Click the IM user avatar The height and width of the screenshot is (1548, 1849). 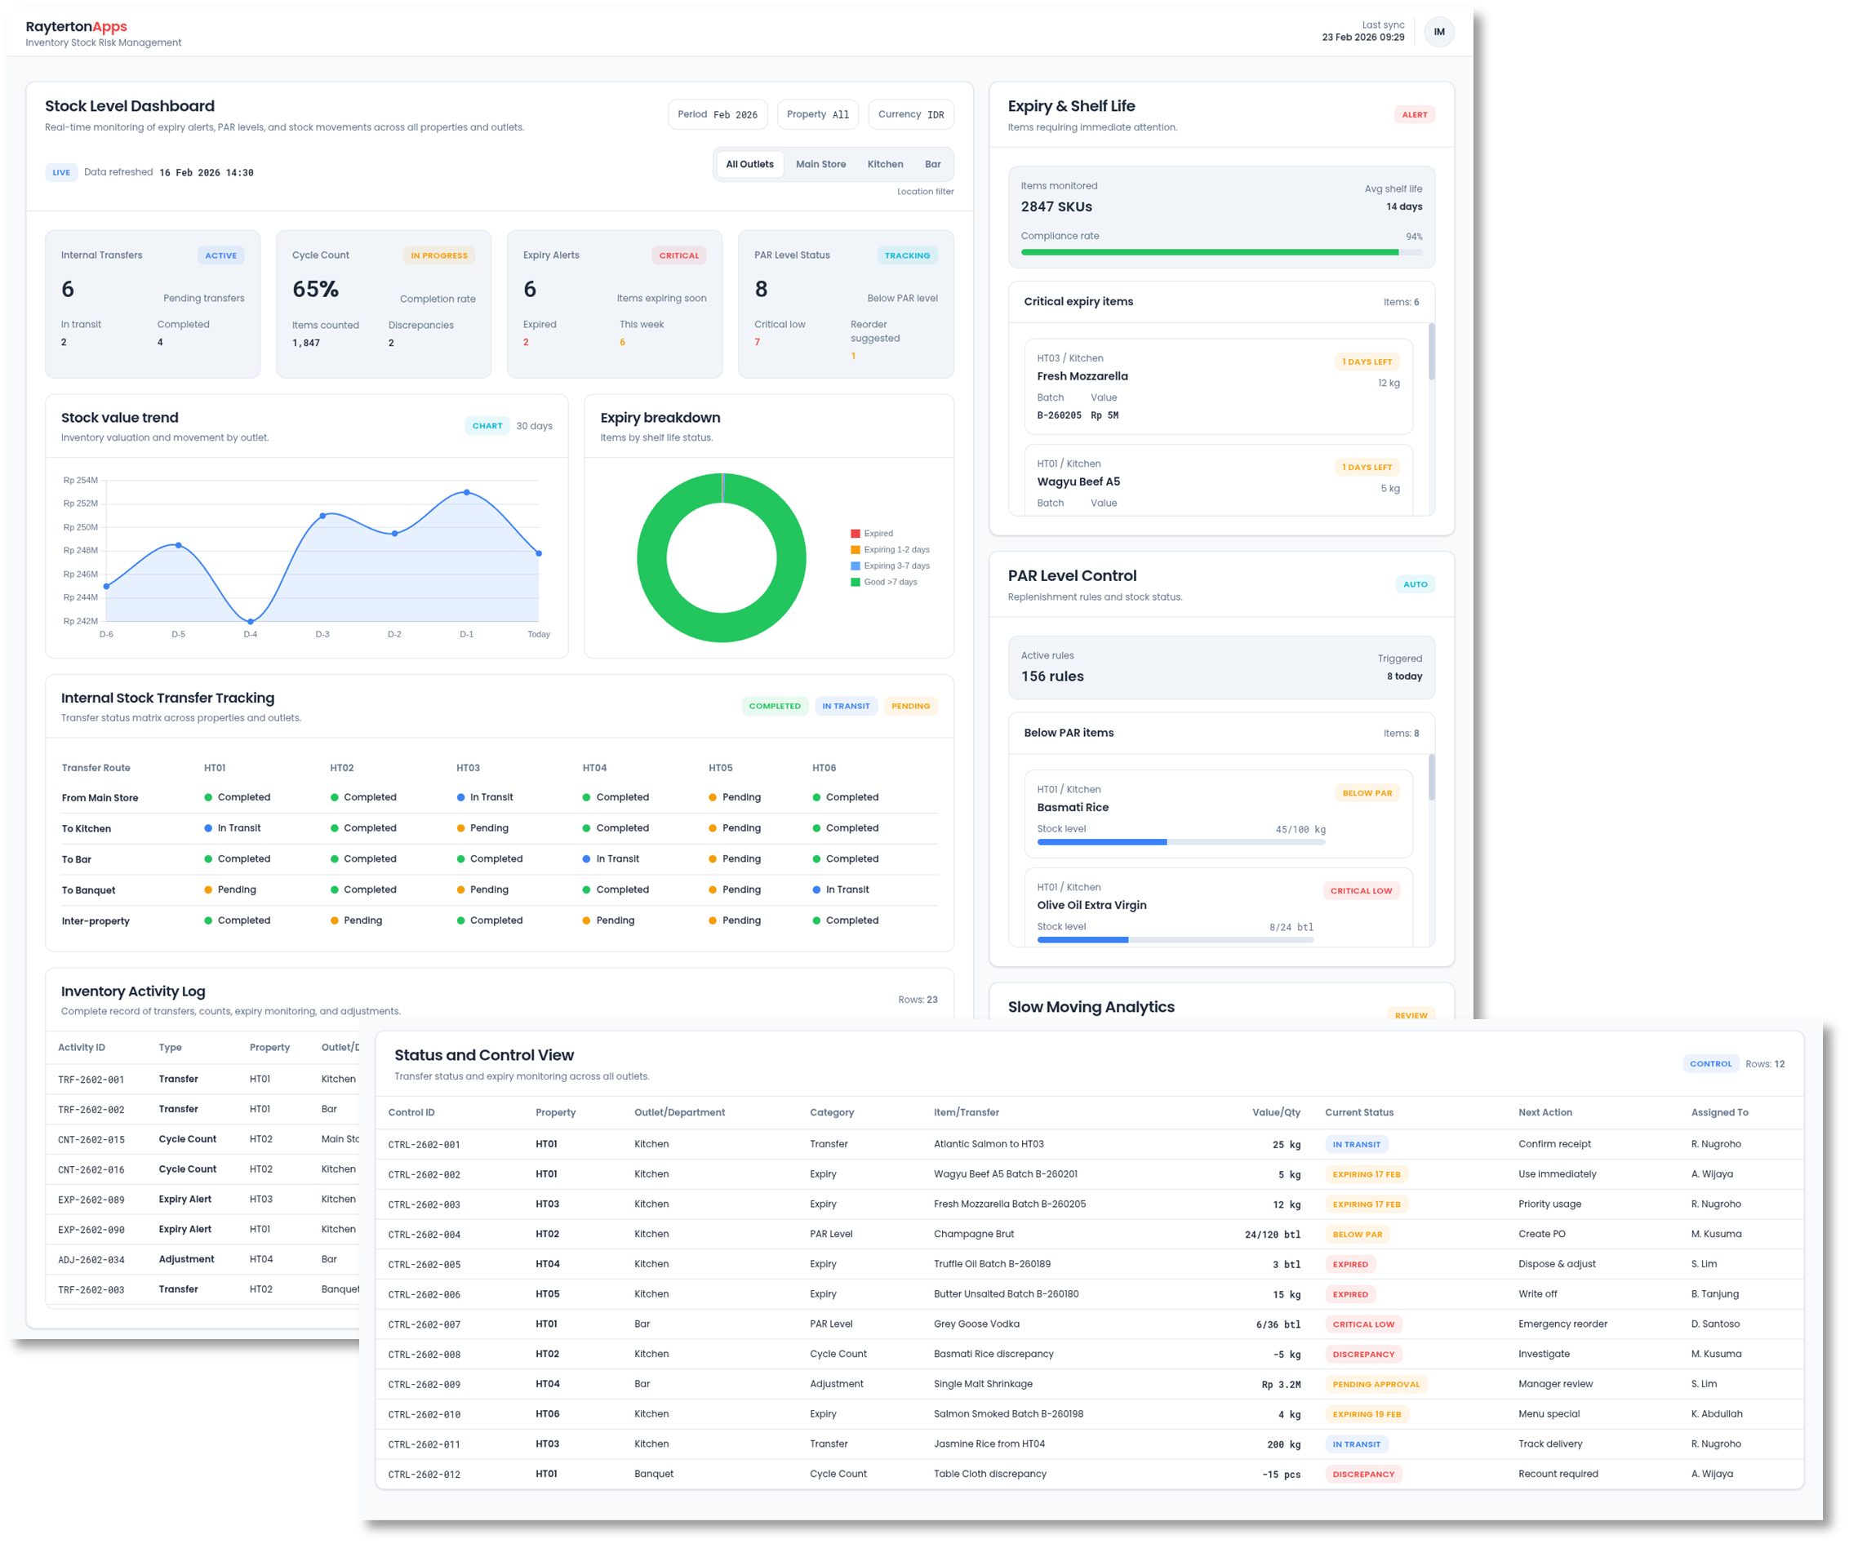(1438, 32)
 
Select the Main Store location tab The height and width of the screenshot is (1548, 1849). (820, 165)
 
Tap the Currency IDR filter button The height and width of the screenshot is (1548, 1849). (910, 114)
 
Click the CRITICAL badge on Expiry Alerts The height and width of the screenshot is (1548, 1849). (679, 256)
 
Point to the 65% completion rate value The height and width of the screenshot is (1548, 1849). (315, 290)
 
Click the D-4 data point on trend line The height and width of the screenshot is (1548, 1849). (251, 621)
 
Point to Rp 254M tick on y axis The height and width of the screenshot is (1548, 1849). (80, 481)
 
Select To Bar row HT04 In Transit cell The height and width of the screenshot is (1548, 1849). (616, 859)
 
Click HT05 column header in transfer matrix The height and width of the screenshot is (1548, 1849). (720, 768)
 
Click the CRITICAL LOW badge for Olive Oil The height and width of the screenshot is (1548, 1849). (1360, 890)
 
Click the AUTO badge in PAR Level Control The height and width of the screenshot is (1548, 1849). (1415, 584)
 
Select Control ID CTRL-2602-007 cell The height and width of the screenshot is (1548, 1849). (424, 1324)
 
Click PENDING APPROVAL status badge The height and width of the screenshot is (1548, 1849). (1376, 1384)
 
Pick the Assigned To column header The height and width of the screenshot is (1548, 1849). (1718, 1112)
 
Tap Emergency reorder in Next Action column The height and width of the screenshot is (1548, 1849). (1562, 1324)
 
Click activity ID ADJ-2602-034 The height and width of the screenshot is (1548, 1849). (91, 1260)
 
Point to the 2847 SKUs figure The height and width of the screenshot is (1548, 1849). (1056, 206)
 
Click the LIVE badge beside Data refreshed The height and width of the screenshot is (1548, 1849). (60, 172)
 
